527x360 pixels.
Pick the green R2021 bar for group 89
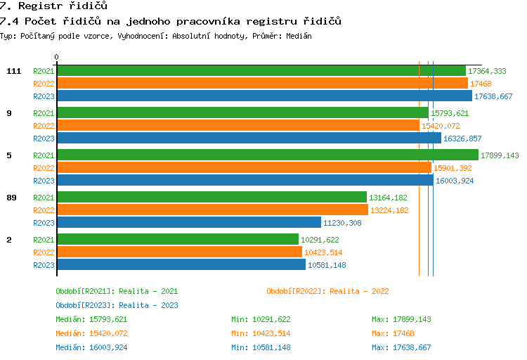(212, 198)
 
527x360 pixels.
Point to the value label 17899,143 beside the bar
(500, 155)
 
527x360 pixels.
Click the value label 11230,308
(342, 223)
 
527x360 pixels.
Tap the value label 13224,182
(389, 210)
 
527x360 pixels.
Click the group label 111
(13, 71)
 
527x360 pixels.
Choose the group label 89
(11, 198)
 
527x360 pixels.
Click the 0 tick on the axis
(57, 58)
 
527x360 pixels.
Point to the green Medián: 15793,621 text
(91, 319)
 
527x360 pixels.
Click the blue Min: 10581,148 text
(261, 347)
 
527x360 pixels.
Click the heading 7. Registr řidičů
(53, 6)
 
